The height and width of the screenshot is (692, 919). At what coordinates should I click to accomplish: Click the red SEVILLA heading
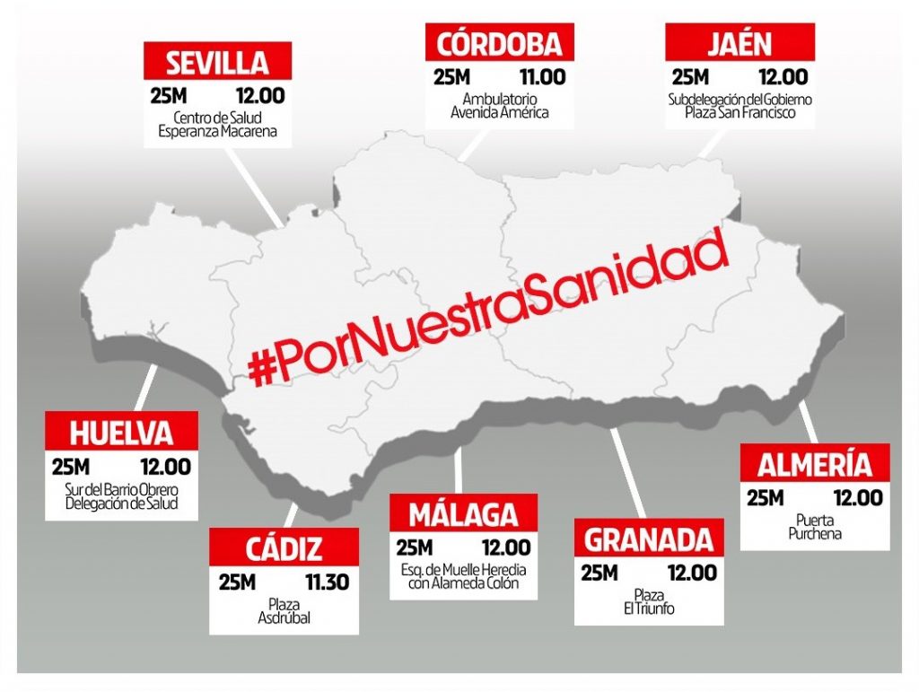[x=218, y=63]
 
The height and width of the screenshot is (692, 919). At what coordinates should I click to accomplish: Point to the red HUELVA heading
[x=121, y=433]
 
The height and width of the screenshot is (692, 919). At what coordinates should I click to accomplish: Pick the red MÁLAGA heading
[x=463, y=514]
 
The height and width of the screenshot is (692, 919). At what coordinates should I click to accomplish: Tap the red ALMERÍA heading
[x=814, y=465]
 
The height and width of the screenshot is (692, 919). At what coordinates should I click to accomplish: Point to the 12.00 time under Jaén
[x=783, y=77]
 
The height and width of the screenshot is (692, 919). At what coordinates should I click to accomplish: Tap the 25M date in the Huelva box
[x=71, y=468]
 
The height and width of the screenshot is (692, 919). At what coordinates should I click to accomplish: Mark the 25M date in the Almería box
[x=765, y=499]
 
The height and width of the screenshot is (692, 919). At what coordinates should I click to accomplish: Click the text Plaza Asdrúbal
[x=284, y=611]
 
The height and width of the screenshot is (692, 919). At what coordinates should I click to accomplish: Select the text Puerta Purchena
[x=814, y=527]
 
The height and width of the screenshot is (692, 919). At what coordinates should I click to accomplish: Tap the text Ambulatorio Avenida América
[x=500, y=106]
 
